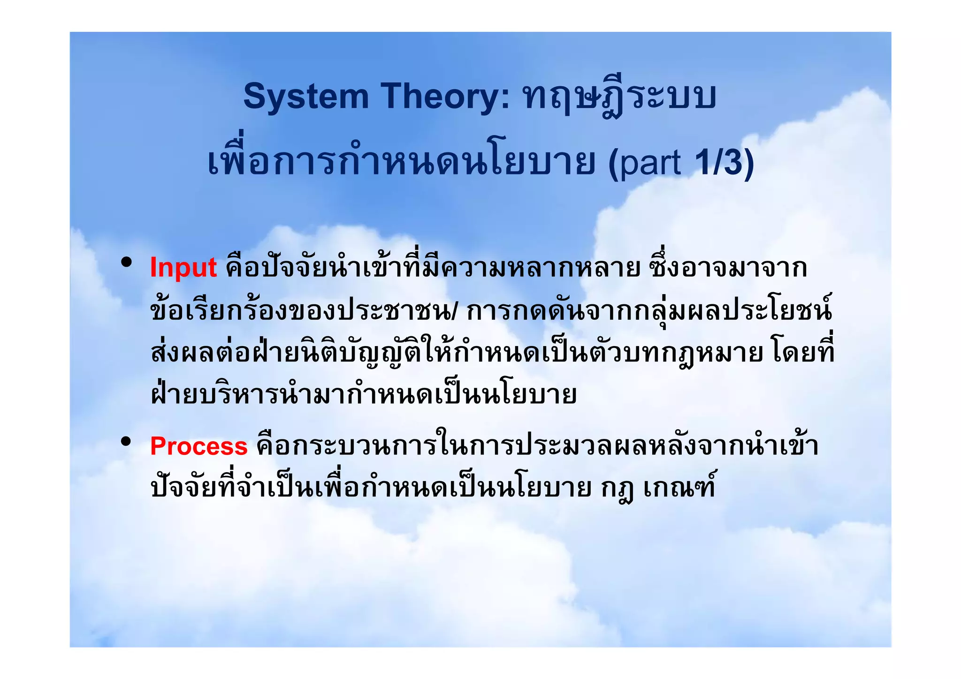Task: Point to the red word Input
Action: click(183, 268)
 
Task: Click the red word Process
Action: click(198, 446)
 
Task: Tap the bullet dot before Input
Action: click(125, 263)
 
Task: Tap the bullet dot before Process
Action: click(125, 441)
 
